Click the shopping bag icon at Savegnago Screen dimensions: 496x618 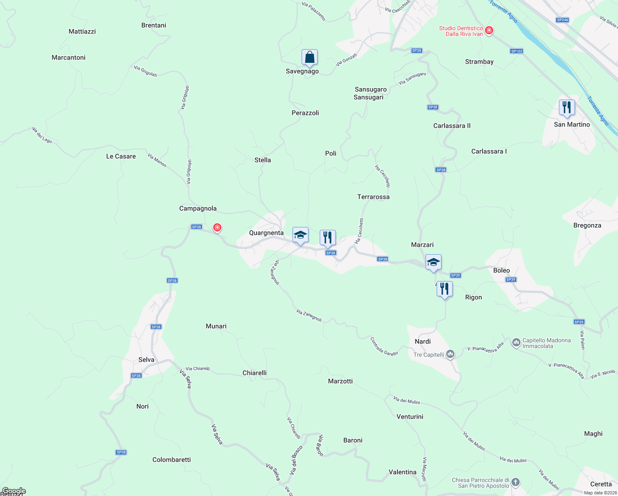[x=309, y=58]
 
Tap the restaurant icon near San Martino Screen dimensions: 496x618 [x=567, y=107]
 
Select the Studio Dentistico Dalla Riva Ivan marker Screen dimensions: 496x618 [x=489, y=31]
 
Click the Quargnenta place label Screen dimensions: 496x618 [x=266, y=233]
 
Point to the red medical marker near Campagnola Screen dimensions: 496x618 [x=217, y=227]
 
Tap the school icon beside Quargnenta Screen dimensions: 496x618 [x=300, y=235]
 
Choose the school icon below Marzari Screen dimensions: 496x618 [x=433, y=262]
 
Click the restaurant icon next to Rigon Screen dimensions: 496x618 [x=444, y=289]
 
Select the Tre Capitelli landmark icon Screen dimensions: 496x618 [x=451, y=354]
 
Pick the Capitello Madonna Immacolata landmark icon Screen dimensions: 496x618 [x=516, y=343]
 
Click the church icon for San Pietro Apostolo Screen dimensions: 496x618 [x=515, y=482]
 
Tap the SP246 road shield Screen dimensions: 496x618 [x=562, y=20]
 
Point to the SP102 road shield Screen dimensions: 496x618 [x=516, y=51]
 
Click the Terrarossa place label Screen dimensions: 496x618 [x=373, y=197]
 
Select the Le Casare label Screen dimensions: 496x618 [x=121, y=157]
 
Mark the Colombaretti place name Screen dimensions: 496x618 [x=171, y=460]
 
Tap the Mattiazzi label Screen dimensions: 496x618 [x=82, y=32]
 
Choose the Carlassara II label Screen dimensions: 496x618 [x=452, y=126]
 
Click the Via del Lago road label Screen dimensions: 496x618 [x=42, y=135]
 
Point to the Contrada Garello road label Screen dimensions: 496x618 [x=384, y=347]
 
